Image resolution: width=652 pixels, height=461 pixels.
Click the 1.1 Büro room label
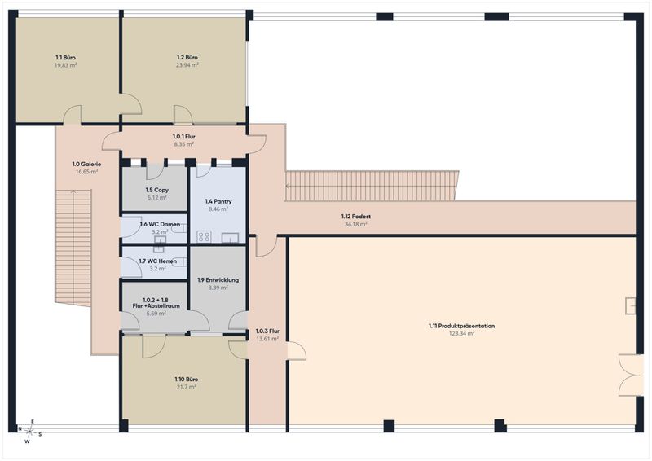66,58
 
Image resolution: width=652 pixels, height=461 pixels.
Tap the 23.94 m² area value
187,65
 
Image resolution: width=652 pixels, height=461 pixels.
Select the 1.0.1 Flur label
184,136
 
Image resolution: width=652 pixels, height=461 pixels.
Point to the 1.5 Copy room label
156,190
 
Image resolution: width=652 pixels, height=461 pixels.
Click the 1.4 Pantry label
218,201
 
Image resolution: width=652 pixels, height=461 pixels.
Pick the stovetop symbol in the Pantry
204,236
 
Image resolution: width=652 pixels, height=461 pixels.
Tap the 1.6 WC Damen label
160,224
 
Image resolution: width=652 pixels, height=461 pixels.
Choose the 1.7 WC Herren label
158,261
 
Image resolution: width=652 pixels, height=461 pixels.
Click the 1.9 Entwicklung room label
218,279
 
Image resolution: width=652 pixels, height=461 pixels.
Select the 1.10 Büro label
187,379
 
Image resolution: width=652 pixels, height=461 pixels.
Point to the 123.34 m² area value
461,333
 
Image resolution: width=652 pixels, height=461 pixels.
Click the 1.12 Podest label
356,216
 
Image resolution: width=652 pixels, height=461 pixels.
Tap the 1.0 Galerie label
86,165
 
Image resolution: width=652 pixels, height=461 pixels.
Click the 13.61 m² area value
267,339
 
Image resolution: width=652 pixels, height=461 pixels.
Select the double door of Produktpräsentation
631,375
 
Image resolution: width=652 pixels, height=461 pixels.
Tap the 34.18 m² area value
356,224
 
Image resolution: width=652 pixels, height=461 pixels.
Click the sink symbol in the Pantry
230,237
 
